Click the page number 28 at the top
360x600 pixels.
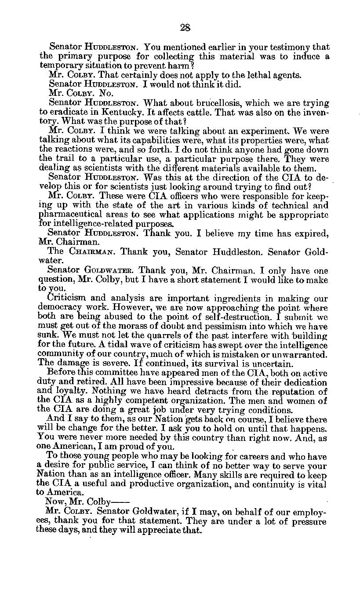(185, 28)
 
